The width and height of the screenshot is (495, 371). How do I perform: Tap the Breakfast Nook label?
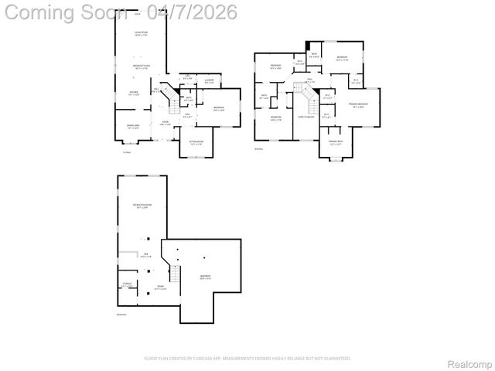point(141,67)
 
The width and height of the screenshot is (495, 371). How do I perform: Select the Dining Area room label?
point(133,126)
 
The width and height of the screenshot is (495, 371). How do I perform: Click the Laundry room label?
point(209,81)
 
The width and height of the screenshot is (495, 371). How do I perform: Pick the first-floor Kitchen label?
point(134,93)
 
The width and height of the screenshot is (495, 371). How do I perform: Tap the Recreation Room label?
point(142,206)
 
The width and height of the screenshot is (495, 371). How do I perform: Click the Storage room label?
point(127,284)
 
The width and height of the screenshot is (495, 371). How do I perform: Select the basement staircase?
point(176,274)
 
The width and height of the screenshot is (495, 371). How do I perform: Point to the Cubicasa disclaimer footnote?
point(247,358)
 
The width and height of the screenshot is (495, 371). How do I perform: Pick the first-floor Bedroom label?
point(219,108)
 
